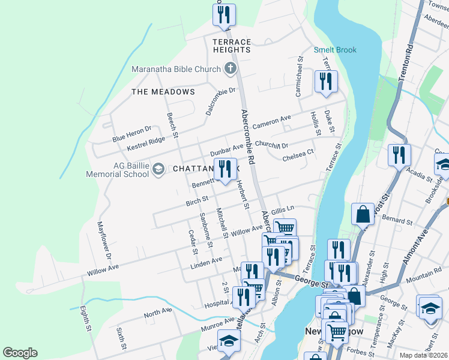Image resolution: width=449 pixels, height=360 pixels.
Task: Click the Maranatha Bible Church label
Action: click(176, 69)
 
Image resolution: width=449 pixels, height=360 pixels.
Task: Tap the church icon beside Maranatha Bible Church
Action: click(229, 69)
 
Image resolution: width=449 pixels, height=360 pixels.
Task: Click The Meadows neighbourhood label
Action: click(163, 92)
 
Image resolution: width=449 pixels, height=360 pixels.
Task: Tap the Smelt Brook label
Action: click(334, 50)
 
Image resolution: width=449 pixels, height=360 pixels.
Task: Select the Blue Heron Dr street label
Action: click(132, 134)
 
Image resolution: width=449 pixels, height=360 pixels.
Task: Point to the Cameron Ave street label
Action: click(271, 122)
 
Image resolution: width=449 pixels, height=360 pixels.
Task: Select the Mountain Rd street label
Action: click(424, 276)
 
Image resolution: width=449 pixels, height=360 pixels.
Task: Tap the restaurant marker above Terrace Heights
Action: click(224, 14)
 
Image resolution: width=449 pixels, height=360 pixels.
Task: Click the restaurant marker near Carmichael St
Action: click(326, 82)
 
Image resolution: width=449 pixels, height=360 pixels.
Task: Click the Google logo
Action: click(20, 353)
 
